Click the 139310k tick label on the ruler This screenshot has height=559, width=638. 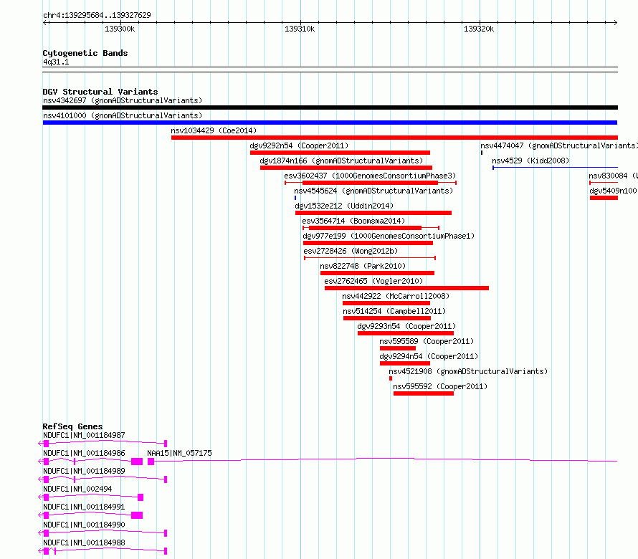[x=300, y=29]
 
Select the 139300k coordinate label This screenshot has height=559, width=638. [x=120, y=29]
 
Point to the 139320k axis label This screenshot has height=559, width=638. [x=479, y=29]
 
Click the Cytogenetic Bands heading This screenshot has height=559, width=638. [x=85, y=53]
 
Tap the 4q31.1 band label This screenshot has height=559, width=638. [x=56, y=62]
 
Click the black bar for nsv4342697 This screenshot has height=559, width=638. [x=330, y=107]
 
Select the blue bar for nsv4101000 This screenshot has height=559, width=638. [x=330, y=123]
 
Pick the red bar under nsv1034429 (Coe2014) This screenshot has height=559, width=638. [x=395, y=138]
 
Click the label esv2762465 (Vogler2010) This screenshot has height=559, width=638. [x=373, y=281]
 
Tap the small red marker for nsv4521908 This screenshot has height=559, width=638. [x=391, y=378]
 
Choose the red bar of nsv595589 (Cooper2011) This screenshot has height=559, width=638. [x=398, y=348]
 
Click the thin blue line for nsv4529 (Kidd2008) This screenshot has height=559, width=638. [x=555, y=167]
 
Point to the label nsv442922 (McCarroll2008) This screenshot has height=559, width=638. [x=396, y=296]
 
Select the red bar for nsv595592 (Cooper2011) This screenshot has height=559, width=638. [x=424, y=393]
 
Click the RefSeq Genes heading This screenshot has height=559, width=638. [x=72, y=426]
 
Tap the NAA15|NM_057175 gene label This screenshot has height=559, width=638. [x=179, y=453]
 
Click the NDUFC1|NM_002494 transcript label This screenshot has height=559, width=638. [x=77, y=489]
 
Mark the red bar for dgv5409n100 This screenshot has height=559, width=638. [x=604, y=198]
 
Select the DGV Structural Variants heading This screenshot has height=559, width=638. [x=100, y=92]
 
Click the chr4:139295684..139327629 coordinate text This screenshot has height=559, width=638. [x=97, y=15]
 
